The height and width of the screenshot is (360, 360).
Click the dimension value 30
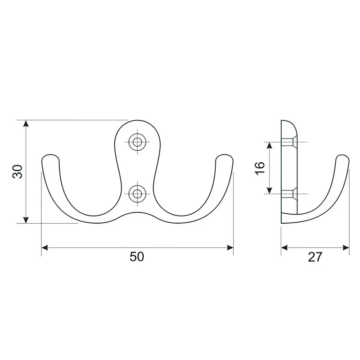tap(18, 171)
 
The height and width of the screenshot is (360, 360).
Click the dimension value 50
tap(137, 256)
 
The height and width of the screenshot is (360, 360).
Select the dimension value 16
tap(260, 168)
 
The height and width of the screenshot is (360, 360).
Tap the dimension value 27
tap(315, 257)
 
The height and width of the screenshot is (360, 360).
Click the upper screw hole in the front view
tap(137, 142)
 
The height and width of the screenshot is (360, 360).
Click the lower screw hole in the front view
tap(137, 194)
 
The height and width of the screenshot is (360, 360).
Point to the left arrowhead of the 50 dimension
tap(45, 248)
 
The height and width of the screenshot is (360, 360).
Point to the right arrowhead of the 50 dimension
tap(230, 248)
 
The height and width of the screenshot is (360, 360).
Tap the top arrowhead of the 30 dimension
tap(26, 123)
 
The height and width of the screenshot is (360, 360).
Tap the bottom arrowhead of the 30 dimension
tap(26, 220)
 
